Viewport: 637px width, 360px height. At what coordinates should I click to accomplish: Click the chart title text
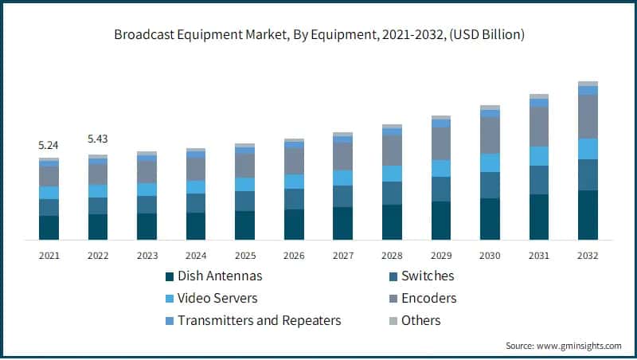[x=318, y=35]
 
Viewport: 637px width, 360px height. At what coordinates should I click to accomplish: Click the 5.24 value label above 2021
[x=49, y=146]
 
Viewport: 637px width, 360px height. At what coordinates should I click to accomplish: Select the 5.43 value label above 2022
[x=98, y=139]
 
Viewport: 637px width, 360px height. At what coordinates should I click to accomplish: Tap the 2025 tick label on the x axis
[x=244, y=256]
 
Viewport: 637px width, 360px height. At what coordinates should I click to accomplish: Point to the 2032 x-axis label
[x=588, y=256]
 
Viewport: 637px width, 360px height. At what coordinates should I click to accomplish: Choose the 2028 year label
[x=392, y=256]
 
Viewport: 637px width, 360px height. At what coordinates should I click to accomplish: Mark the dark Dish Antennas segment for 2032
[x=588, y=215]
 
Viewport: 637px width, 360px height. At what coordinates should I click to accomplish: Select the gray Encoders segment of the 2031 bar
[x=539, y=127]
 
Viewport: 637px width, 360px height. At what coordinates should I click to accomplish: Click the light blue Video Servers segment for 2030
[x=490, y=163]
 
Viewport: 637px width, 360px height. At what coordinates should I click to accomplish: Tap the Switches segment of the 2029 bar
[x=441, y=189]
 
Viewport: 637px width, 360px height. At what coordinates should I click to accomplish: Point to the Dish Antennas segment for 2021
[x=49, y=228]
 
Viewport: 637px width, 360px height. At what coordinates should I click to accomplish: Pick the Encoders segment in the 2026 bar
[x=294, y=161]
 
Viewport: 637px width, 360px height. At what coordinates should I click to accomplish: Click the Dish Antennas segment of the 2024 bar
[x=196, y=226]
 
